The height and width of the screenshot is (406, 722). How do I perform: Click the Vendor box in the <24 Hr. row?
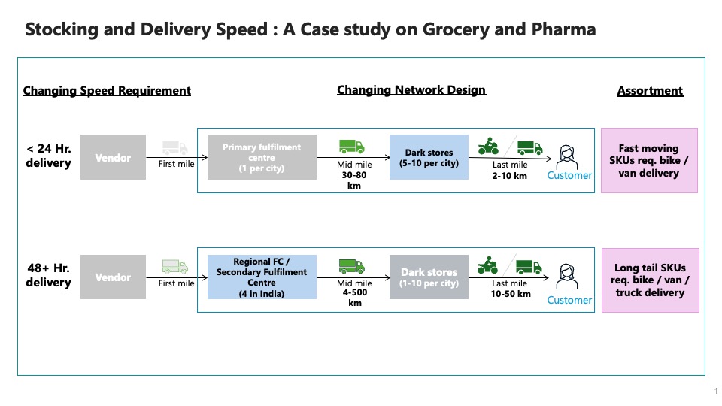point(113,157)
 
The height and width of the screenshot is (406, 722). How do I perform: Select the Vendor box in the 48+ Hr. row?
point(113,277)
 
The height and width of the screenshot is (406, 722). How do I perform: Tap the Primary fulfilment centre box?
point(262,157)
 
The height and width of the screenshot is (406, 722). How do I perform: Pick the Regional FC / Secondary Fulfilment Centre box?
point(262,277)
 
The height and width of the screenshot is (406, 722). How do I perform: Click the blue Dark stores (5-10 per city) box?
point(429,157)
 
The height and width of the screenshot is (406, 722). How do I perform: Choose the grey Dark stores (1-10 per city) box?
point(429,277)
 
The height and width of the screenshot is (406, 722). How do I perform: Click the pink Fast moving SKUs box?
point(649,161)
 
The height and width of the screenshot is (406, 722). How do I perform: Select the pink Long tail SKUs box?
point(650,280)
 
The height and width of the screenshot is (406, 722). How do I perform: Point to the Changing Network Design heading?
point(411,90)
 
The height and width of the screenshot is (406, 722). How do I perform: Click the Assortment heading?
point(650,91)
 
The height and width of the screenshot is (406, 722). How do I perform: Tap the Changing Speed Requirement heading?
point(107,91)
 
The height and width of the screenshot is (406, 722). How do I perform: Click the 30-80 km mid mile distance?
point(354,180)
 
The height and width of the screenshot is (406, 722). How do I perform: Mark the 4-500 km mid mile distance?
point(354,298)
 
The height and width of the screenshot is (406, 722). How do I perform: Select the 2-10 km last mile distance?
point(509,175)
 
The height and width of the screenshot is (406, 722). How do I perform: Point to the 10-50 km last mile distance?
point(511,294)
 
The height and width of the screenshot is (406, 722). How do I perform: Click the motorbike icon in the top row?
point(488,146)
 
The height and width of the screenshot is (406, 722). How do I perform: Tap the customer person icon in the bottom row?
point(567,277)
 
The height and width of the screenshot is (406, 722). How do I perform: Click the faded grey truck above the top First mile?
point(175,148)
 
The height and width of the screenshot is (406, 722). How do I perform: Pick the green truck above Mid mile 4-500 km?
point(352,266)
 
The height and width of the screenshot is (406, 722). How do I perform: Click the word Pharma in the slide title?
point(563,29)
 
